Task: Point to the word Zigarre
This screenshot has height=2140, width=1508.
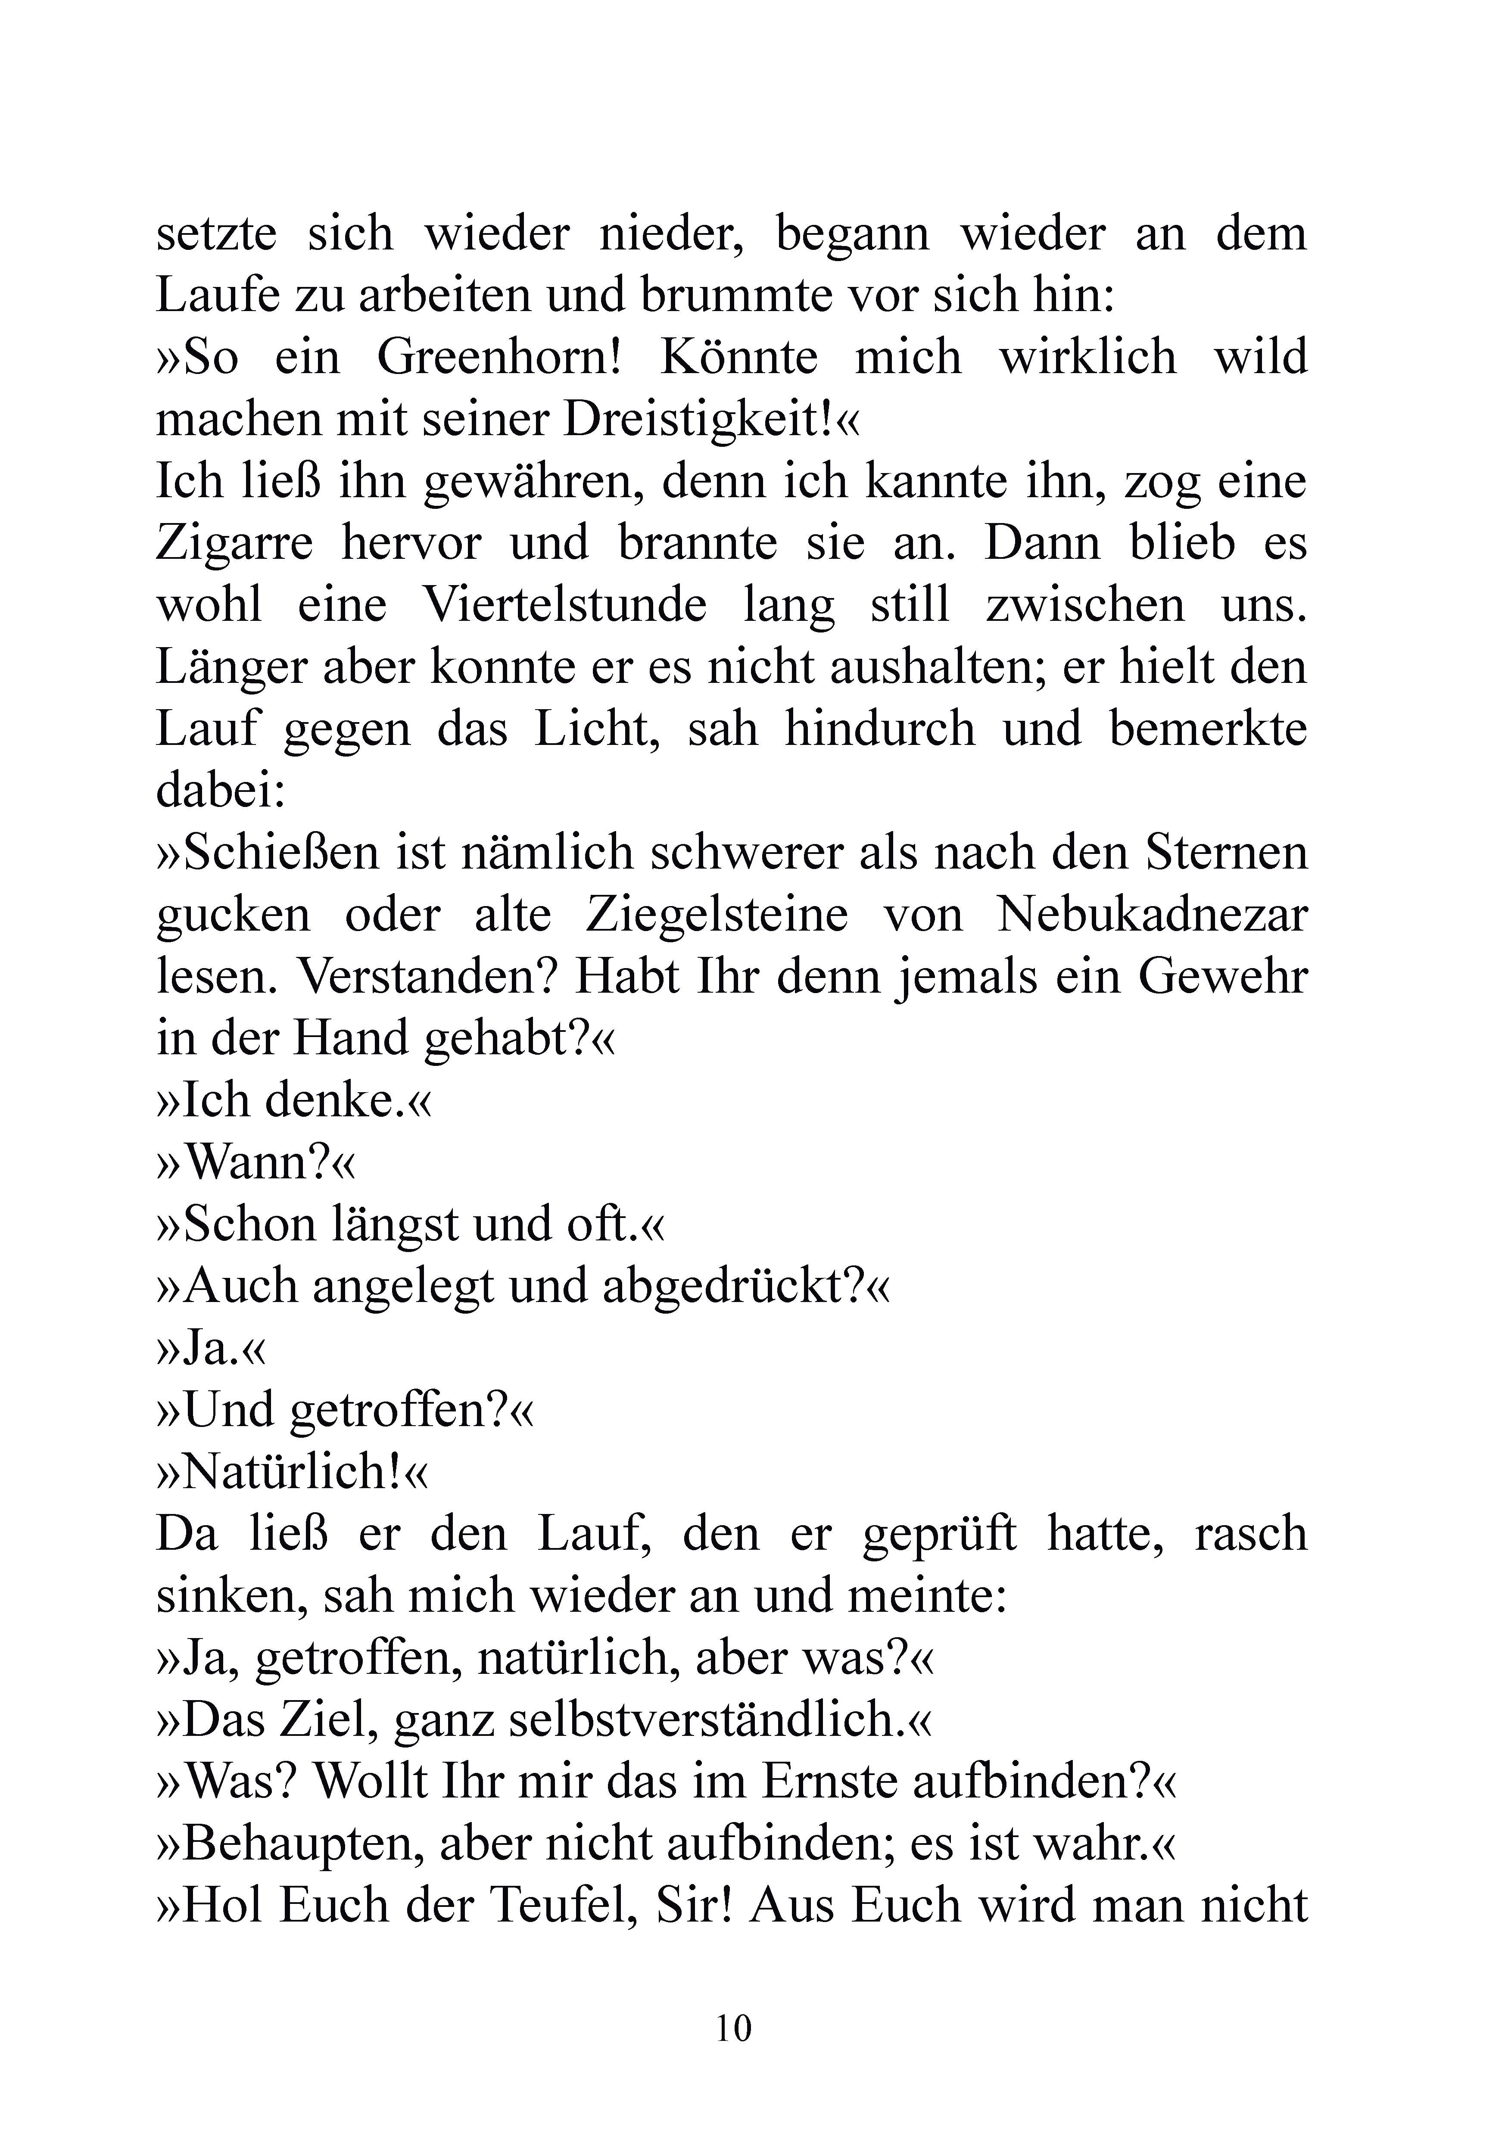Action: coord(233,544)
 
